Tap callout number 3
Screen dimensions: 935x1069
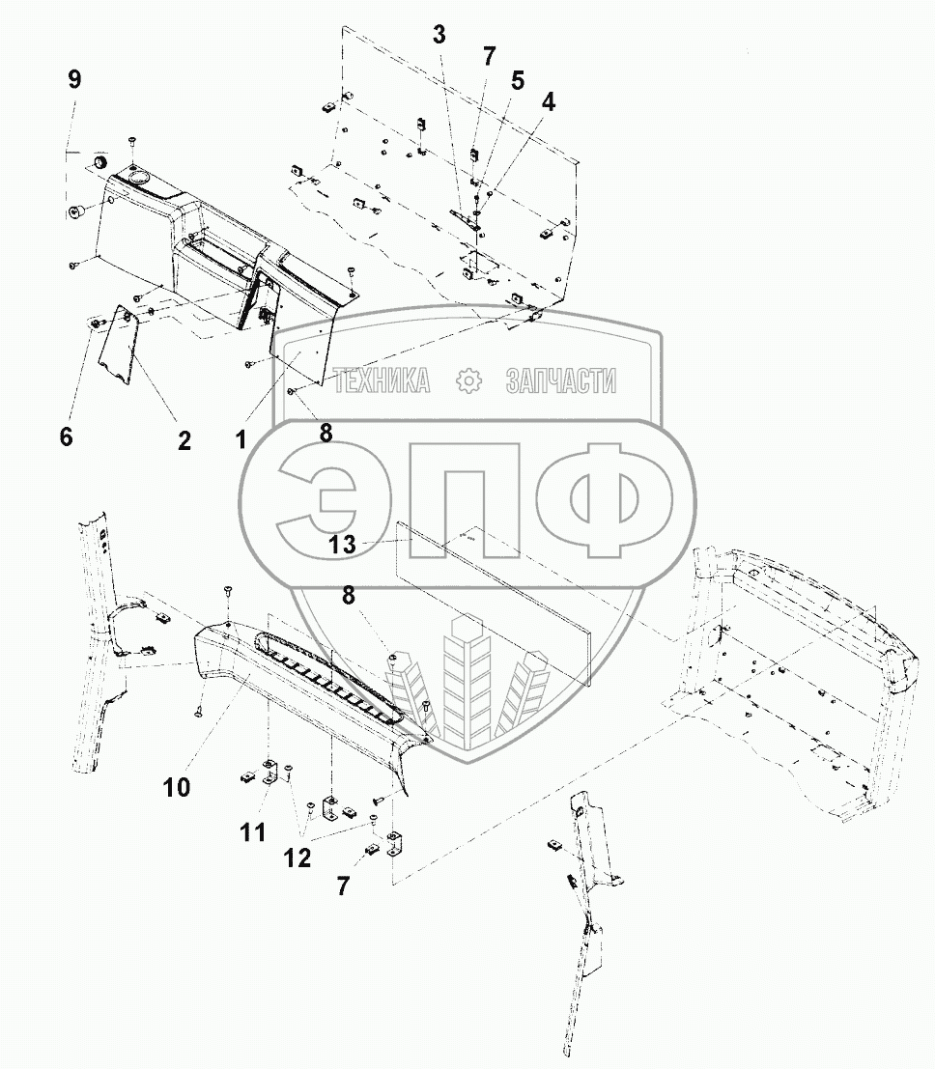(x=439, y=37)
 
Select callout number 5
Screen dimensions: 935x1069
(x=518, y=80)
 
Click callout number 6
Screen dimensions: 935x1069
(x=66, y=436)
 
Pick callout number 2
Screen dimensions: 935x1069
(x=184, y=440)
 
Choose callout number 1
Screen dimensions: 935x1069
(x=241, y=440)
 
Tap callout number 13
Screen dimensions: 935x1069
(x=343, y=545)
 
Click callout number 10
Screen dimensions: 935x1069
(x=177, y=787)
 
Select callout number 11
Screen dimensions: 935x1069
(x=252, y=832)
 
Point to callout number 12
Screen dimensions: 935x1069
(x=297, y=858)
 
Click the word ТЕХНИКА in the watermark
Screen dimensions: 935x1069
(x=382, y=382)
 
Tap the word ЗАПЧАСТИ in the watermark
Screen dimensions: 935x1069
(x=560, y=382)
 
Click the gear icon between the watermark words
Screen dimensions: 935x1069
(x=468, y=381)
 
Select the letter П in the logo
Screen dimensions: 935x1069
(x=461, y=499)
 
